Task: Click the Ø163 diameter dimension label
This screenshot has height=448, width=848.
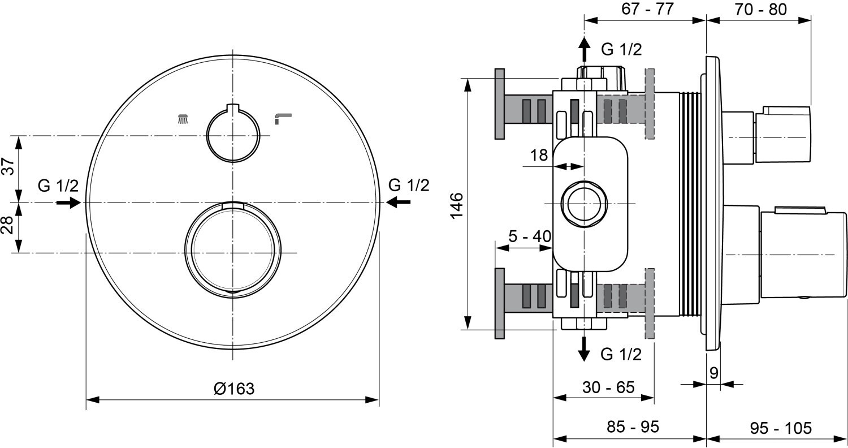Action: [234, 389]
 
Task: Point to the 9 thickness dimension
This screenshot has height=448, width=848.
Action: [713, 373]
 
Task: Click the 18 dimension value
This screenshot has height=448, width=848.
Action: [539, 155]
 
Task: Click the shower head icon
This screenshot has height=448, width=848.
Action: [183, 119]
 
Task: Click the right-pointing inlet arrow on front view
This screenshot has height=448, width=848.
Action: [69, 202]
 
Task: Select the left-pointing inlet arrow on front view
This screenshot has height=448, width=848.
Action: [399, 202]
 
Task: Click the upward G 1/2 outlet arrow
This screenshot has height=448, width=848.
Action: [584, 50]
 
